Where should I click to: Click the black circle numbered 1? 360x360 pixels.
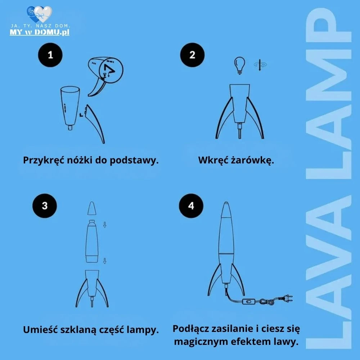coord(50,55)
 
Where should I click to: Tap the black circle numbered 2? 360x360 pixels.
coord(192,55)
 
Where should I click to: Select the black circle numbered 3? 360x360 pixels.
coord(45,206)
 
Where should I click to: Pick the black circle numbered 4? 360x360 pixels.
coord(191,206)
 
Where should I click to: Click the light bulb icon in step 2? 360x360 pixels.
coord(239,66)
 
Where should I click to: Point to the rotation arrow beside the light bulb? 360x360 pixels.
coord(260,65)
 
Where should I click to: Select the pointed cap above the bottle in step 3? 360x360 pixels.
coord(91,208)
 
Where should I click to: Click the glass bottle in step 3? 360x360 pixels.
coord(92,241)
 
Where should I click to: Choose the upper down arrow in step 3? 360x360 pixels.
coord(105,225)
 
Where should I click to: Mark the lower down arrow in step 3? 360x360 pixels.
coord(105,261)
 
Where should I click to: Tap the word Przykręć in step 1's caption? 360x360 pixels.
coord(44,160)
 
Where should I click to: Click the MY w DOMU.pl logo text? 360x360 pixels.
coord(40,32)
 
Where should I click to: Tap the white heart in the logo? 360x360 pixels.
coord(43,14)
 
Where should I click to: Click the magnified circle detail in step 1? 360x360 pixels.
coord(111,70)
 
